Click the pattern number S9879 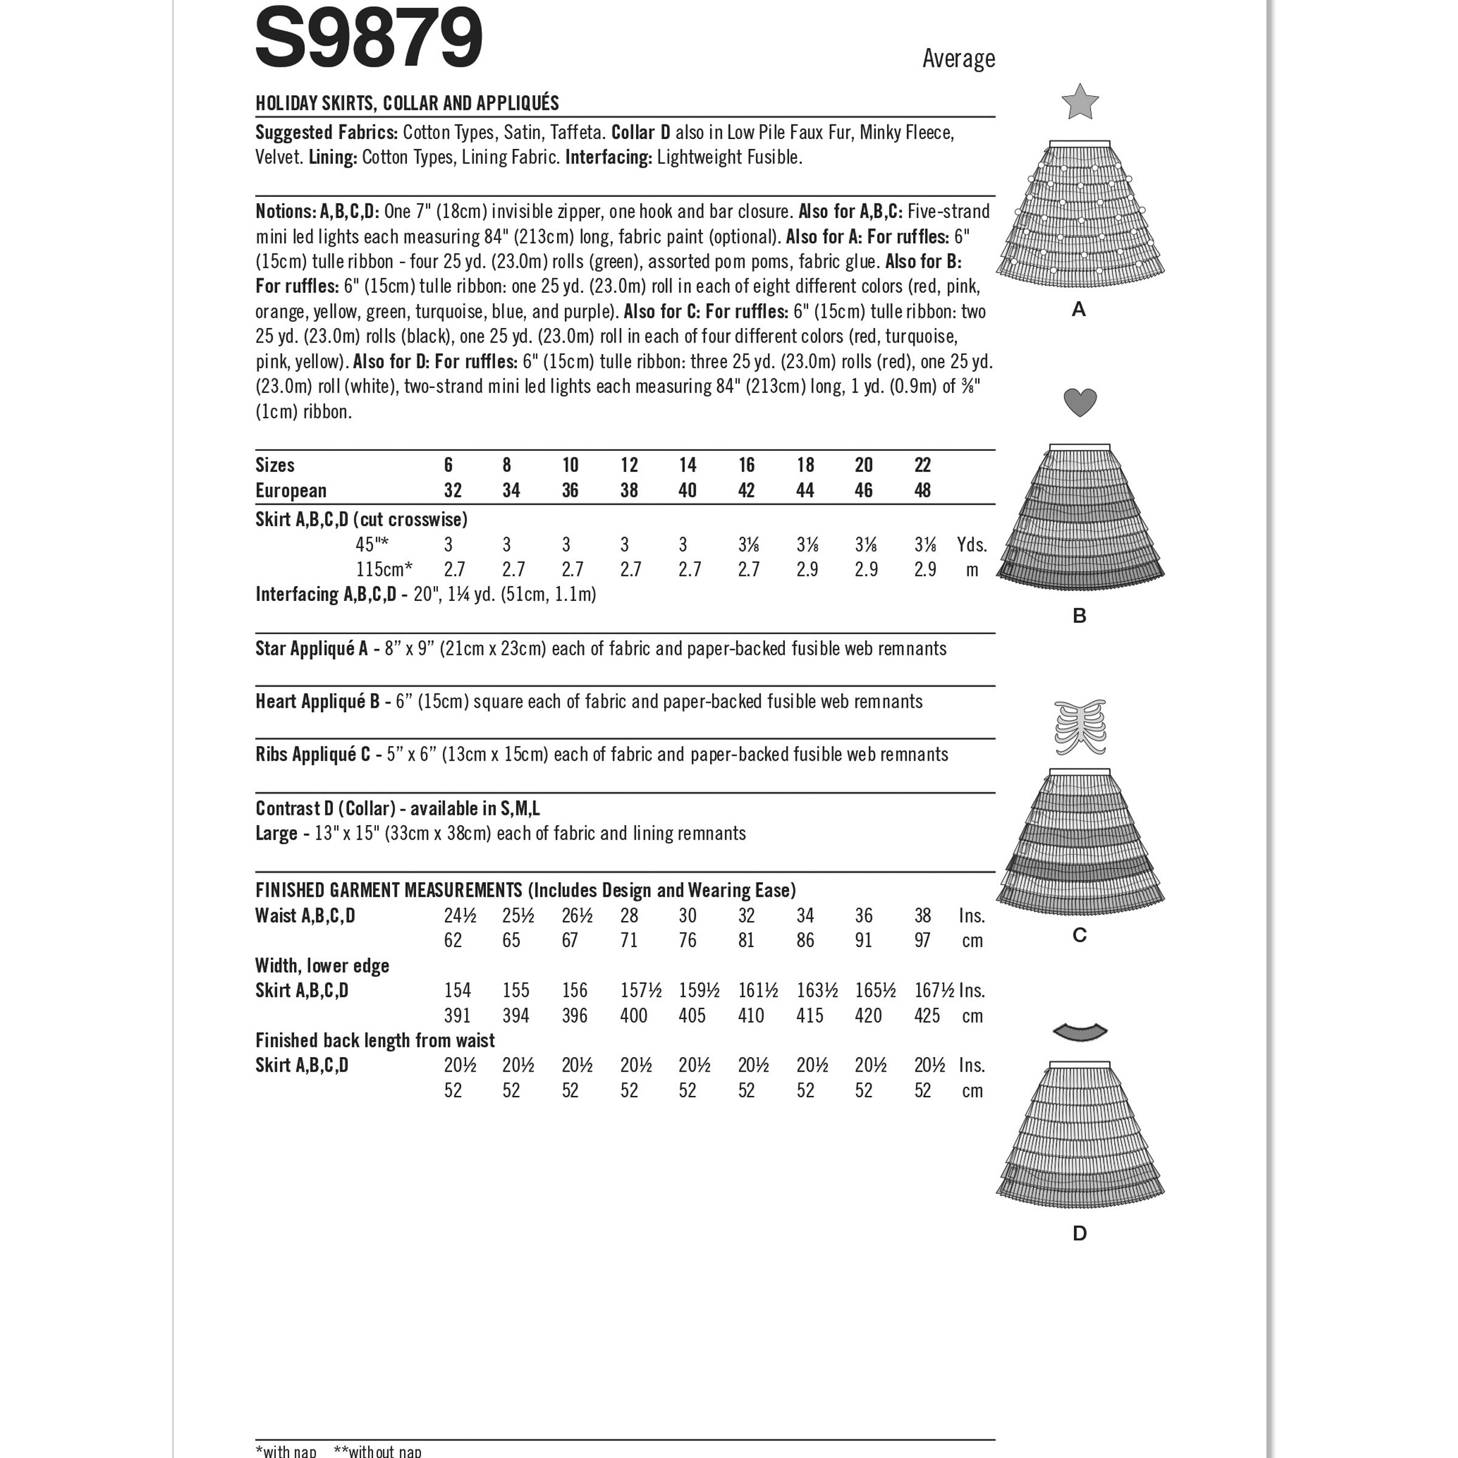click(368, 38)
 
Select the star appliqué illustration click(1079, 102)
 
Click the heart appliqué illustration click(1079, 402)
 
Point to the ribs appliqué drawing click(1079, 727)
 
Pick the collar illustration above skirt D click(1079, 1032)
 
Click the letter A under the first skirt click(1078, 309)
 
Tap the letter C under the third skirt click(1079, 935)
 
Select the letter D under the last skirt click(1079, 1233)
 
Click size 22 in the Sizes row click(922, 465)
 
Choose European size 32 click(453, 490)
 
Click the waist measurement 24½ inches click(460, 916)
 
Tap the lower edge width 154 click(457, 990)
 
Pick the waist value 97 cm click(922, 940)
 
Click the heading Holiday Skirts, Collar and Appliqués click(407, 103)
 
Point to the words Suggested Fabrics click(326, 133)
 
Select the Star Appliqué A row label click(312, 649)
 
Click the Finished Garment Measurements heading click(388, 891)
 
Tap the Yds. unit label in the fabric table click(971, 545)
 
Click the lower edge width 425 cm click(926, 1016)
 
